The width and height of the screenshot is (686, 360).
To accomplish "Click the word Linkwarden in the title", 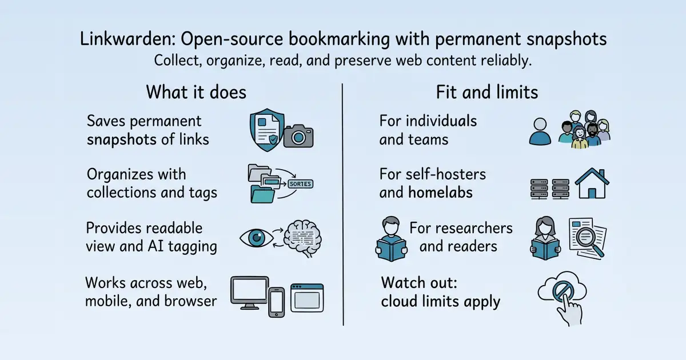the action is pyautogui.click(x=128, y=39).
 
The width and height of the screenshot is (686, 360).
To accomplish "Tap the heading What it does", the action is pyautogui.click(x=196, y=92).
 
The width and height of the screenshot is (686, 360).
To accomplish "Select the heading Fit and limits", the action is pyautogui.click(x=487, y=92).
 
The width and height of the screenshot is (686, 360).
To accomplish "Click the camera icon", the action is pyautogui.click(x=298, y=136).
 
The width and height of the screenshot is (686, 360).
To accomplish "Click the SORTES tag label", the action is pyautogui.click(x=300, y=183).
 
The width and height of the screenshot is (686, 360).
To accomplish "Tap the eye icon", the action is pyautogui.click(x=256, y=238).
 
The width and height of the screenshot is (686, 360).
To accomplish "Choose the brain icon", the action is pyautogui.click(x=302, y=238).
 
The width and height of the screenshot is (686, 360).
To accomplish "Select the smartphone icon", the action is pyautogui.click(x=276, y=302).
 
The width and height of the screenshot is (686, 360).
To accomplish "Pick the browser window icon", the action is pyautogui.click(x=307, y=298).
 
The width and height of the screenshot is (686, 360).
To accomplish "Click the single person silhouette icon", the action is pyautogui.click(x=540, y=131).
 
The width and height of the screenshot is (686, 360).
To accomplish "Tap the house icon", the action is pyautogui.click(x=592, y=183).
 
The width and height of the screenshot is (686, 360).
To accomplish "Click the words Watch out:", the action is pyautogui.click(x=419, y=282).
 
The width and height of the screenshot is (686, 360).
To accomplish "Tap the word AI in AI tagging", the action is pyautogui.click(x=155, y=246).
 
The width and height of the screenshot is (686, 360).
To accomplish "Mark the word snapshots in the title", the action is pyautogui.click(x=567, y=39).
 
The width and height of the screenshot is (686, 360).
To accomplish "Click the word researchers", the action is pyautogui.click(x=461, y=228).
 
